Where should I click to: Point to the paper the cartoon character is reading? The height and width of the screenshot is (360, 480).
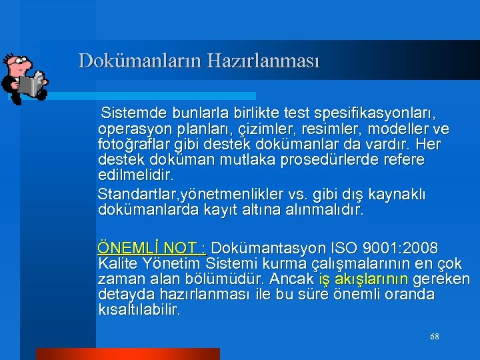pos(31,84)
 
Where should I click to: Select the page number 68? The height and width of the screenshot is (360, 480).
pos(435,337)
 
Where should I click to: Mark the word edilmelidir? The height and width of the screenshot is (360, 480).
pos(135,176)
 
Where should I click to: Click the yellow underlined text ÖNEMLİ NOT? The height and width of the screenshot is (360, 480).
pos(151,248)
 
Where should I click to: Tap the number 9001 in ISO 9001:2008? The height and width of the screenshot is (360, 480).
pos(376,248)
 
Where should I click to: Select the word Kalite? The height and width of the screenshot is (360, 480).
pos(115,263)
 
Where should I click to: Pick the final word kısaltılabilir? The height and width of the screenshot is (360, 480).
pos(139,310)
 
